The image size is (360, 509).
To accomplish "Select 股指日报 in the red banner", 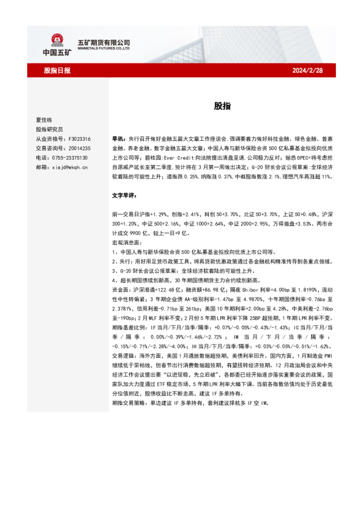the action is (57, 70).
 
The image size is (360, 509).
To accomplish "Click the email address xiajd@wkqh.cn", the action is (70, 166).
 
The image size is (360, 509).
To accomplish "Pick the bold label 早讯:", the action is (119, 138).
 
